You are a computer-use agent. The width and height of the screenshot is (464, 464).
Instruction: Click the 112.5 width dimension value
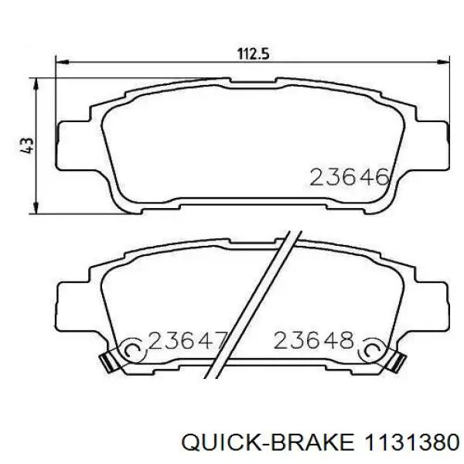254,54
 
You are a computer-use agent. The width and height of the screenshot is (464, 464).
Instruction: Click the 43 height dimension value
27,145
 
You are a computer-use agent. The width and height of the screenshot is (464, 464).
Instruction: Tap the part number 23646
350,177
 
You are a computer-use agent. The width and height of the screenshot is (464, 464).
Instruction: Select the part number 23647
188,340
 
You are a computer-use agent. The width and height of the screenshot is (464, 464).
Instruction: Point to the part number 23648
314,340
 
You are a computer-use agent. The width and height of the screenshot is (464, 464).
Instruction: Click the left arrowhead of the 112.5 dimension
62,62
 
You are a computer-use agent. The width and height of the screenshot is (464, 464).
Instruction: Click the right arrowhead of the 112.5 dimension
443,62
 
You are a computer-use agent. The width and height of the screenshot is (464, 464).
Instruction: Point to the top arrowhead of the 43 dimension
36,84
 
